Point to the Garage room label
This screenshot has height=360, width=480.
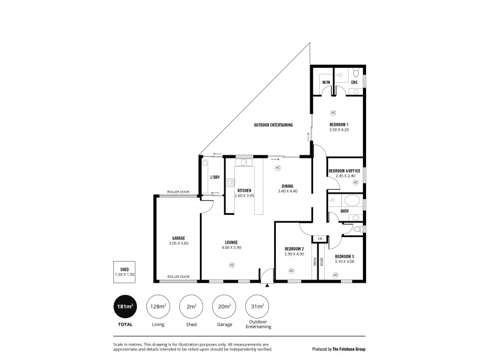178,238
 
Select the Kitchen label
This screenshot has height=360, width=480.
244,190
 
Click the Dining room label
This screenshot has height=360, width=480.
287,185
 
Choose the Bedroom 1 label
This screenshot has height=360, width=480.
338,124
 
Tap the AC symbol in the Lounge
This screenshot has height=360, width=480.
232,265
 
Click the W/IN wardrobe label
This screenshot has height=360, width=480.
326,82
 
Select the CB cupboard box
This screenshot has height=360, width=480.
320,238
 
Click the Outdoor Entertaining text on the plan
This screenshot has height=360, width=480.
273,125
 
